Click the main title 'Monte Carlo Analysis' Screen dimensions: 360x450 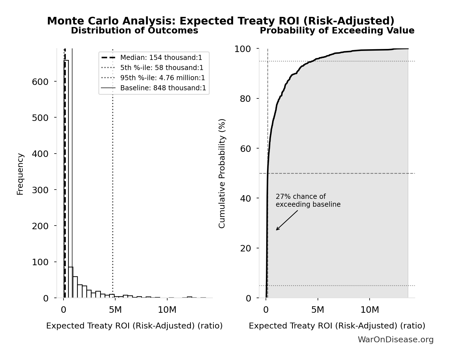coord(220,21)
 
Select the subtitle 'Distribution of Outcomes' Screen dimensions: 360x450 coord(134,31)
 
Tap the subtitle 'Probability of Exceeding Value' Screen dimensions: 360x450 coord(337,31)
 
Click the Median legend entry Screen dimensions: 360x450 coord(161,58)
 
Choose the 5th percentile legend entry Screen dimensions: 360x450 coord(162,68)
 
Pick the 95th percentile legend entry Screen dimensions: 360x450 coord(162,78)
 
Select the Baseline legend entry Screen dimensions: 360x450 coord(163,88)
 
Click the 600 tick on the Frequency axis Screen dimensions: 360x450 coord(40,82)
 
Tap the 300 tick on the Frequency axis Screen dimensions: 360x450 coord(40,190)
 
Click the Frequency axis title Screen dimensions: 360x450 coord(20,174)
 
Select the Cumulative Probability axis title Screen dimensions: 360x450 coord(222,173)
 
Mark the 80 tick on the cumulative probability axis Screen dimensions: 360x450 coord(245,99)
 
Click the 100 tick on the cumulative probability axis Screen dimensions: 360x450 coord(243,49)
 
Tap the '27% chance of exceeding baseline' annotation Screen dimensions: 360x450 coord(308,201)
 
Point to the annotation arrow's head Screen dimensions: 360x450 coord(277,230)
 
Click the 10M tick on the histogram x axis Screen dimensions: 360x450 coord(167,310)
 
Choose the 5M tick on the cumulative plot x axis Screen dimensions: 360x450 coord(318,310)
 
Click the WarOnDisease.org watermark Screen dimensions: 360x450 coord(395,340)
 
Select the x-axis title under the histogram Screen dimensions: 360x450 coord(134,326)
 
